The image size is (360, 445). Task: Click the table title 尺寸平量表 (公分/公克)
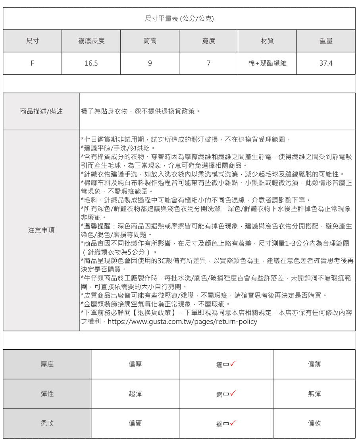179,18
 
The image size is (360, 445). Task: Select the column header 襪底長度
91,41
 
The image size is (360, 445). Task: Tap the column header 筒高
150,41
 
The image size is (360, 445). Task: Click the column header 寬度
209,41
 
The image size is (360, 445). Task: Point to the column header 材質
267,41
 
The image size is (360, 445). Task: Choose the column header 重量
326,41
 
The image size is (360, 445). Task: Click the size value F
33,63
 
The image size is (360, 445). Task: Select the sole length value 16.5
91,63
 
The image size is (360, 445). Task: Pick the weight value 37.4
326,63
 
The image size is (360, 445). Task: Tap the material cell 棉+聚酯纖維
267,63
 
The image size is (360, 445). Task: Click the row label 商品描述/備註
41,112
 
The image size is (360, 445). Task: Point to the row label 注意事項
41,230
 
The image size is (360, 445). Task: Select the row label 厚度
47,364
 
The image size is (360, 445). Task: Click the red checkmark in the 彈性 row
233,393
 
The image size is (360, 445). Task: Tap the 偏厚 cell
135,364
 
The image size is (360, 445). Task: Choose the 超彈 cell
135,394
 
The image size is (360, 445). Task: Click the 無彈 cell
314,394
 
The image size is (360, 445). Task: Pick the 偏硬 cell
135,424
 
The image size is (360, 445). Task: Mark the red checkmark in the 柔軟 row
233,423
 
